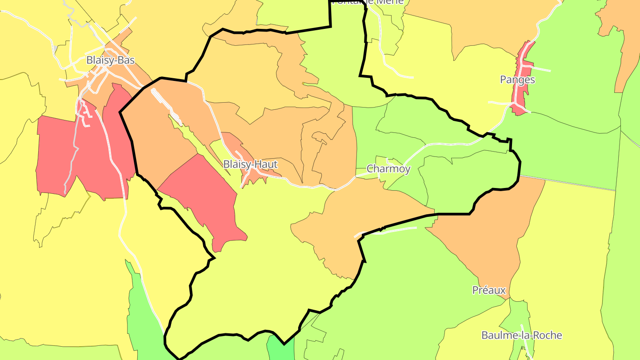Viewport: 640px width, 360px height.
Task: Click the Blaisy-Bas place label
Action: click(x=110, y=60)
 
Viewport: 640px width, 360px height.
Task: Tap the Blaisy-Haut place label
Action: click(x=250, y=164)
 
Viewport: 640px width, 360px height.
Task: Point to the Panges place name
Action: click(x=517, y=80)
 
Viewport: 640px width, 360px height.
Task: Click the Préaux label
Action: click(x=489, y=290)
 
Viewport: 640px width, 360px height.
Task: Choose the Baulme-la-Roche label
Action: click(x=522, y=335)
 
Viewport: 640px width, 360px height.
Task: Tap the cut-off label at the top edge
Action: click(x=368, y=2)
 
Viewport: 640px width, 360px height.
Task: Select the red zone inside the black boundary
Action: click(x=204, y=191)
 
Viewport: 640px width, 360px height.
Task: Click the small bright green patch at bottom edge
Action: click(x=280, y=351)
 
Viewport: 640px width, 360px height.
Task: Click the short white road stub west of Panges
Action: click(x=498, y=103)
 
